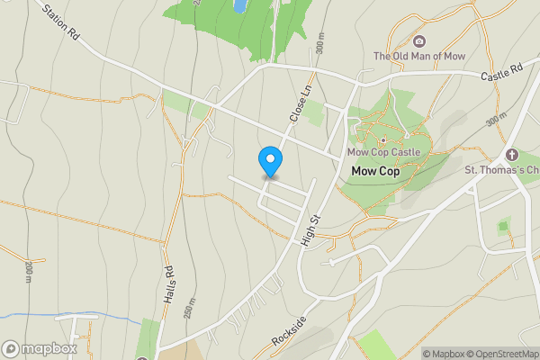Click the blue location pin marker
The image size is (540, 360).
[x=269, y=161]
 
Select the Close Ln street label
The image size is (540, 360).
[x=300, y=103]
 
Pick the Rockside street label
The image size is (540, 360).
[x=289, y=332]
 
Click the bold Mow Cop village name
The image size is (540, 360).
[x=375, y=170]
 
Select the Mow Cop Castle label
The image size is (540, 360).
[x=383, y=152]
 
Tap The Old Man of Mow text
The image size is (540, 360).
[x=418, y=56]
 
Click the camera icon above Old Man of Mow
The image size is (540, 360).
[x=418, y=40]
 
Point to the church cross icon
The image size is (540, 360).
[x=512, y=155]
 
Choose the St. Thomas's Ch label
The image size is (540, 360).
[x=500, y=169]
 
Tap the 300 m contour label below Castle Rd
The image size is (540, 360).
[x=496, y=120]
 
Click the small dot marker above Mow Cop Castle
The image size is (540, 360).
[x=383, y=139]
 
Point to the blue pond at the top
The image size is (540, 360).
[x=240, y=5]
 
